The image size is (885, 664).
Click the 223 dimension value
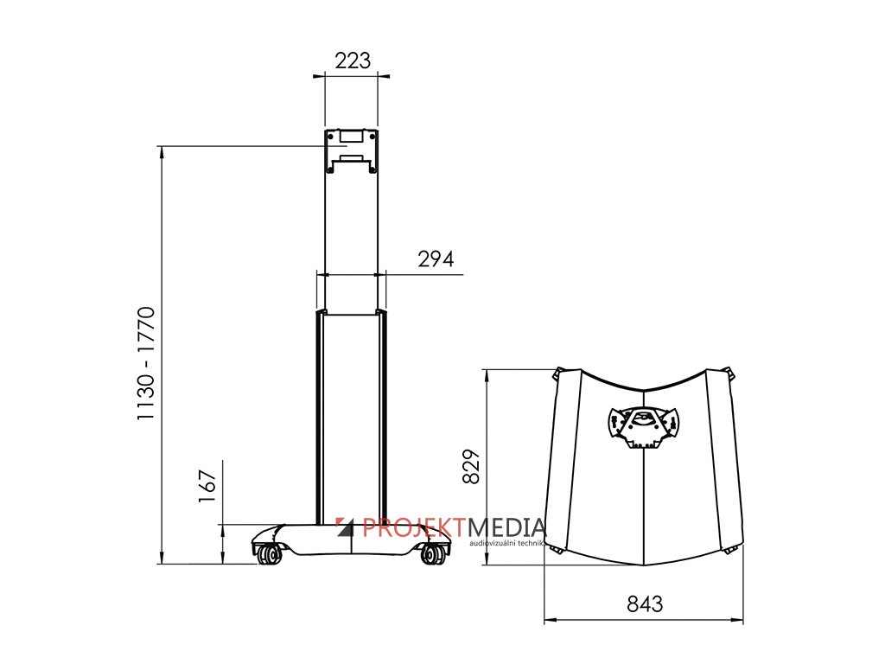click(353, 61)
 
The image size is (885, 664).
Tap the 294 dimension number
click(436, 259)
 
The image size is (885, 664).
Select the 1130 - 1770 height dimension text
click(145, 363)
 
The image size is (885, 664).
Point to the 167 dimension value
click(207, 486)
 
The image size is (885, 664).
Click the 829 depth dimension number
click(471, 466)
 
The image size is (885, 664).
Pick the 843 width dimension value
click(645, 604)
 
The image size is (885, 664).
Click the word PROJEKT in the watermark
click(415, 527)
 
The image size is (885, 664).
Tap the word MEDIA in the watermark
click(506, 527)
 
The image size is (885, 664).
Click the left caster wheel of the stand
click(270, 554)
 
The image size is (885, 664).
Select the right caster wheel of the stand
click(433, 554)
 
